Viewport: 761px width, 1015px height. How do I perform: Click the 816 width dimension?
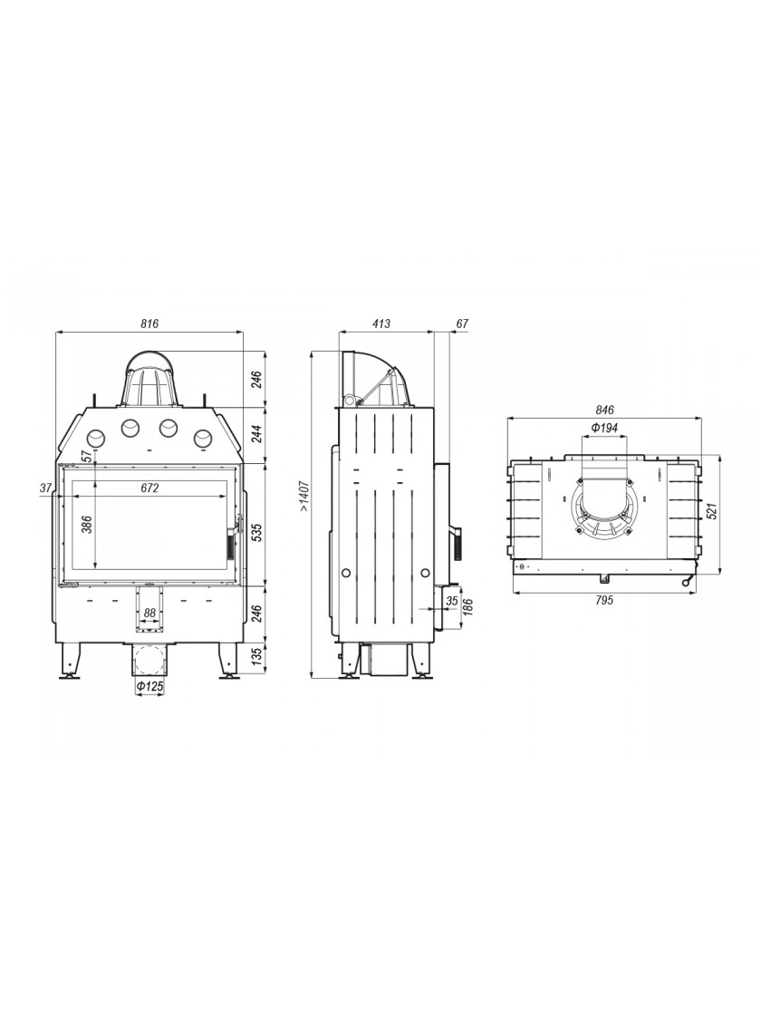(x=149, y=324)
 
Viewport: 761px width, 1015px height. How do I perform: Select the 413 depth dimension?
(x=381, y=324)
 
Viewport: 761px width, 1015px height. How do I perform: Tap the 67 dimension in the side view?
(x=461, y=324)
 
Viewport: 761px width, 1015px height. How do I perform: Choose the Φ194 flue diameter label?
(x=604, y=428)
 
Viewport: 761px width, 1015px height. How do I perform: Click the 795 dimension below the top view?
(x=603, y=600)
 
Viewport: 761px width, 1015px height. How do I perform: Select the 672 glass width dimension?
(x=149, y=488)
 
